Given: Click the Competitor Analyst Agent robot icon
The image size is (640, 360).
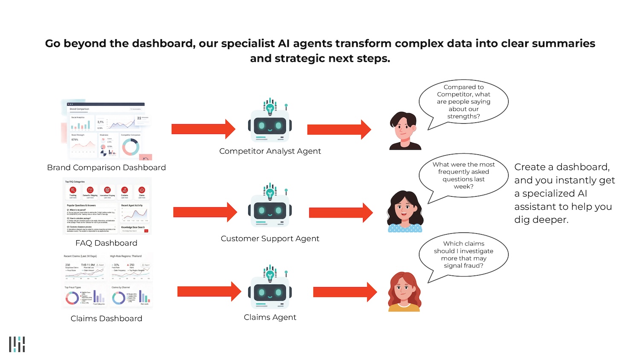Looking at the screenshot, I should (270, 124).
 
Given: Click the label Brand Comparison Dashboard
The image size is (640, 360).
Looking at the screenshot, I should (106, 168).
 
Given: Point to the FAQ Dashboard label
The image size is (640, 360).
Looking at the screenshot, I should (106, 243).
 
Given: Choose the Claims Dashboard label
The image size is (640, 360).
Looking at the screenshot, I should (106, 319).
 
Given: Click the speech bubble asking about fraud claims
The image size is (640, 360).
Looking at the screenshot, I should (463, 255).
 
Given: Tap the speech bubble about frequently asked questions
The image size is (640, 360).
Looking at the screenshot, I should (463, 175).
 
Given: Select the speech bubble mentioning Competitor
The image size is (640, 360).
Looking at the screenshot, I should (463, 102).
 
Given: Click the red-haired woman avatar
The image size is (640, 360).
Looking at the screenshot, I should (404, 292).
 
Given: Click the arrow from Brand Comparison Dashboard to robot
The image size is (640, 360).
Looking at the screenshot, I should (203, 129).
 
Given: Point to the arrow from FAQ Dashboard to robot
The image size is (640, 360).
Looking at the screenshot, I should (205, 212).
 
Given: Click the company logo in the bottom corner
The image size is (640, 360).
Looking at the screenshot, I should (17, 344).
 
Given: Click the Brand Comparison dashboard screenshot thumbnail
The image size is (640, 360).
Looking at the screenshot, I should (107, 131).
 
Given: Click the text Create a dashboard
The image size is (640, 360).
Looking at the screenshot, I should (561, 167).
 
